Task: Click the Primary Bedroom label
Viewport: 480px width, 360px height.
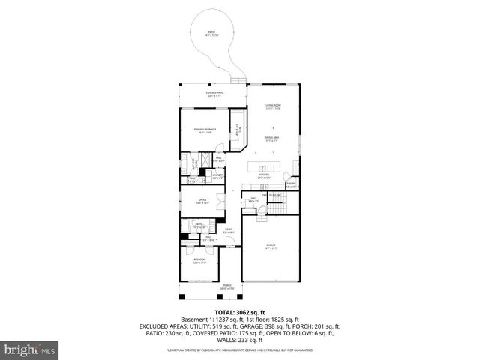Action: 205,131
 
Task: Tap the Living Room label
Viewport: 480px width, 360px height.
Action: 272,106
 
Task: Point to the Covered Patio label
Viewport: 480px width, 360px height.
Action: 216,94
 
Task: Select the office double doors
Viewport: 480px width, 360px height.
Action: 219,200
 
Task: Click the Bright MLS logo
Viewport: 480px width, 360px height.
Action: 30,349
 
